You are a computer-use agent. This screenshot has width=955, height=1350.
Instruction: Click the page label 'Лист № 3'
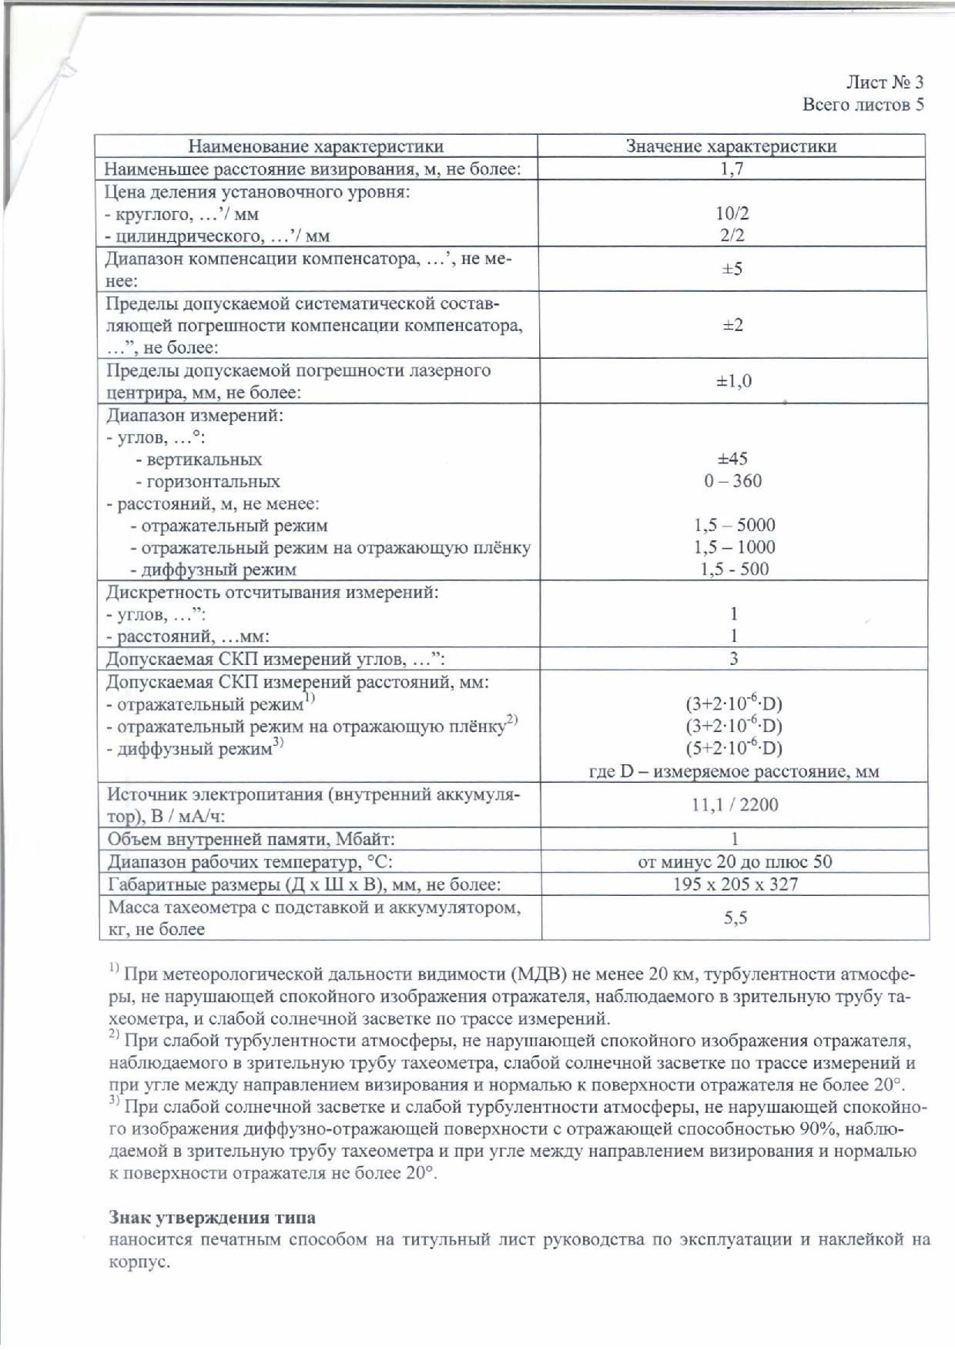point(885,82)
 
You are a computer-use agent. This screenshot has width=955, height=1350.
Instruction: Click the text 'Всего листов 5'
point(863,104)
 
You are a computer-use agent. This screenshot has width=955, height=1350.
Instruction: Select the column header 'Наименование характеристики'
point(316,146)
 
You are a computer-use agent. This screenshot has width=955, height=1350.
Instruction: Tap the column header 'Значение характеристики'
point(731,146)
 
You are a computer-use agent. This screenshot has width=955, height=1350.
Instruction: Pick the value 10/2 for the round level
point(732,213)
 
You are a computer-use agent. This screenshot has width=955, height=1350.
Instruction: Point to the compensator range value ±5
point(732,269)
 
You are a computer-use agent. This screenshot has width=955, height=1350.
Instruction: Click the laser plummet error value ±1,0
point(733,381)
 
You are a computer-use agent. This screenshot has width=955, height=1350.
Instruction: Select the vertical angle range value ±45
point(732,459)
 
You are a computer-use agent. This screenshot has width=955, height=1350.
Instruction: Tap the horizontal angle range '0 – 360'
point(732,481)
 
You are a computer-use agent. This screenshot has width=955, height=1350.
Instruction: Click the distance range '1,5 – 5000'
point(734,526)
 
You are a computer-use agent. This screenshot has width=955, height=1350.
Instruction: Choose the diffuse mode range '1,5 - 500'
point(734,570)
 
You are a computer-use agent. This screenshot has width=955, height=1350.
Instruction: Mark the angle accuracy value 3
point(734,659)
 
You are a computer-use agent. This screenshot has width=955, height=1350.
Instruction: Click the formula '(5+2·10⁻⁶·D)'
point(734,748)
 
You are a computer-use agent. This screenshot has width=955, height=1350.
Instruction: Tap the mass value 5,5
point(736,917)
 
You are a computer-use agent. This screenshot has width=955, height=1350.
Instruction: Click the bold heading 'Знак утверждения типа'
point(212,1218)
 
